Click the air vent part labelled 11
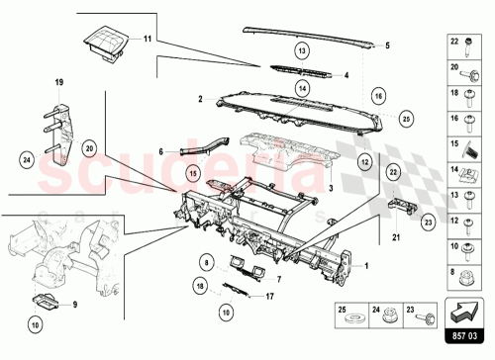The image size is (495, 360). pos(103,41)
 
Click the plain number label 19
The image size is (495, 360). pos(58,81)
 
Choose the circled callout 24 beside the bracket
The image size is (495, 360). pos(28,155)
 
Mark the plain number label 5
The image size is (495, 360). pos(387,45)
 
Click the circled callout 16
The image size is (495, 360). pos(377,95)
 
